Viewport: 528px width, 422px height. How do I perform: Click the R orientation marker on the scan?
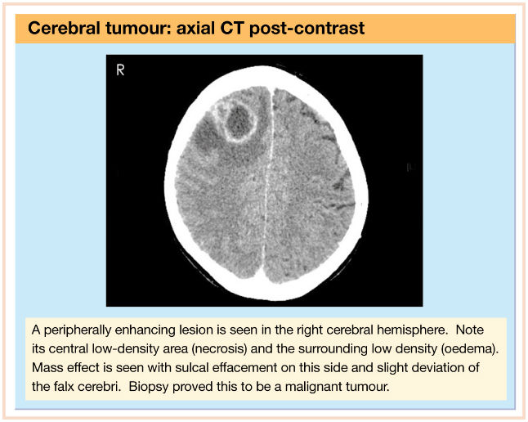(x=120, y=70)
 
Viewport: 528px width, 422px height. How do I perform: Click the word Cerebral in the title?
(x=64, y=28)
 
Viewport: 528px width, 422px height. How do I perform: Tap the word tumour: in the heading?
(x=139, y=28)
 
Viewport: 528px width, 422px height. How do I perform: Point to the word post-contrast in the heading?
(x=307, y=29)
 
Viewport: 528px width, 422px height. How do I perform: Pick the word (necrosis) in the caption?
(x=219, y=348)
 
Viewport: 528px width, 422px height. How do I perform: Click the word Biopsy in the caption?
(x=148, y=387)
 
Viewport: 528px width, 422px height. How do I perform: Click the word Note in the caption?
(x=470, y=330)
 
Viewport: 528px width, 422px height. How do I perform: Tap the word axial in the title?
(x=196, y=28)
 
